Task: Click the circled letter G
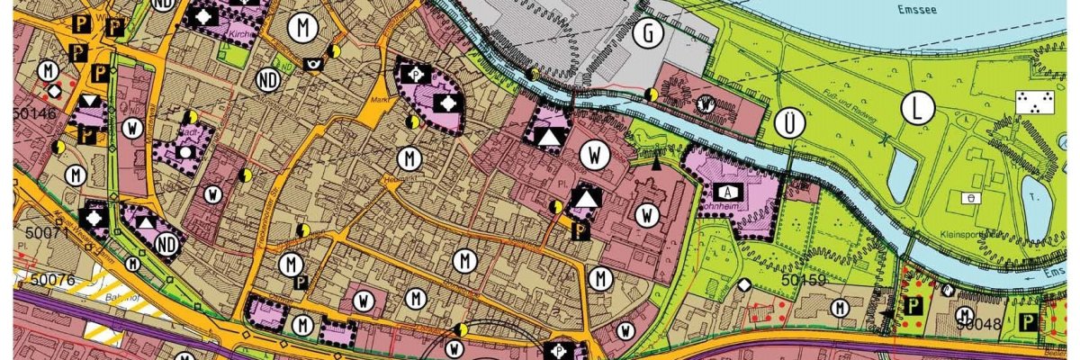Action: [646, 34]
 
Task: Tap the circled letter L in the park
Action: [917, 109]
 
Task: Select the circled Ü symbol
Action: [789, 124]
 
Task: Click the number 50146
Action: [33, 114]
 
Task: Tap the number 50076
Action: [50, 280]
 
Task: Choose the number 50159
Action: [803, 280]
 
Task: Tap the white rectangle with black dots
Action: [1032, 102]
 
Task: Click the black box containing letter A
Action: [726, 192]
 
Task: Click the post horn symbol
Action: [314, 64]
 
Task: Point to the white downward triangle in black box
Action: [89, 102]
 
